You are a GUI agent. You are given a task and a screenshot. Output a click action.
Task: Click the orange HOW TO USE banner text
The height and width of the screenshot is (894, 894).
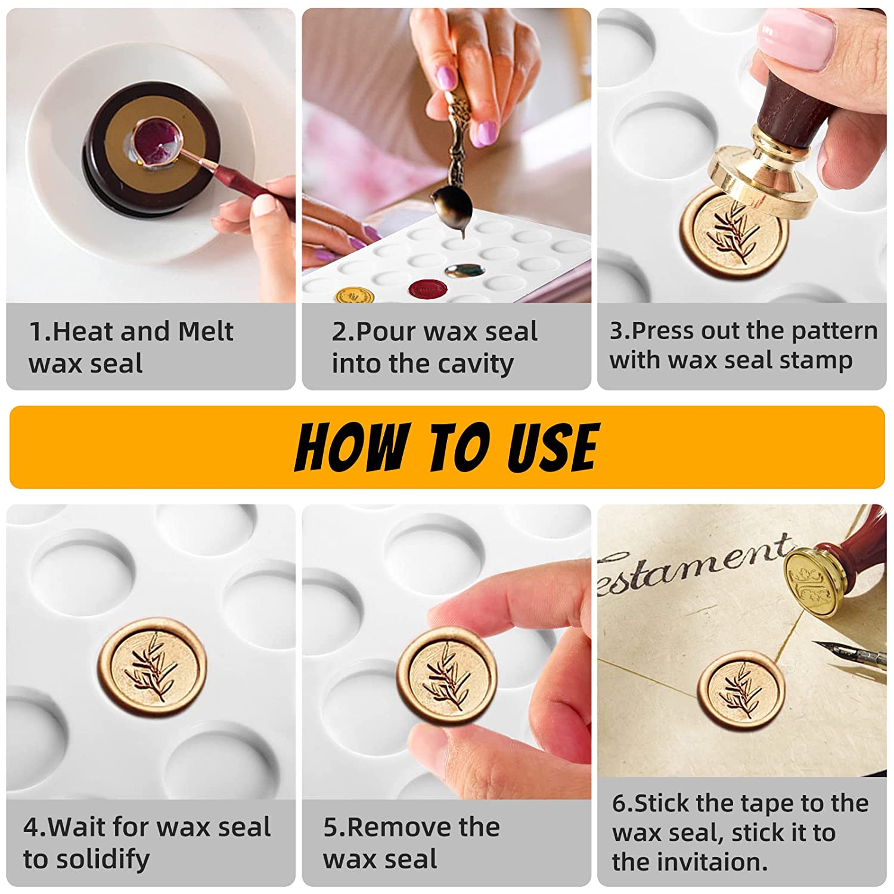tap(447, 447)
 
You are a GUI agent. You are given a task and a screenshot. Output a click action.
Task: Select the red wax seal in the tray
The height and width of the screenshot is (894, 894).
tap(428, 289)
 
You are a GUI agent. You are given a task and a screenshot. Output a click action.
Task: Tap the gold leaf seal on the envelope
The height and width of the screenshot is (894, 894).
tap(741, 693)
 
